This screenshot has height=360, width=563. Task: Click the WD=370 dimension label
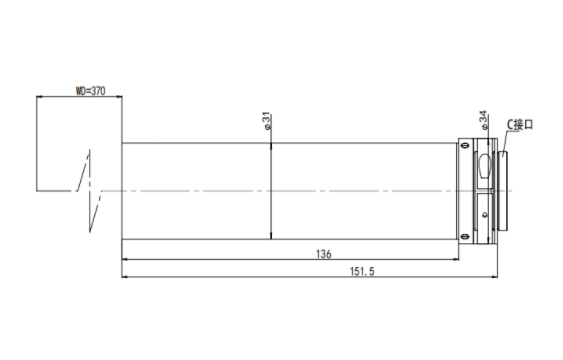[x=90, y=91]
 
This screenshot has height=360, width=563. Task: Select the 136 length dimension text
[x=324, y=254]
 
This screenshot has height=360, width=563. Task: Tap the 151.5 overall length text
[x=362, y=271]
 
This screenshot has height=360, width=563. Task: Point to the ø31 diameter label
[x=267, y=121]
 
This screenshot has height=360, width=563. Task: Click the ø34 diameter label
[x=483, y=120]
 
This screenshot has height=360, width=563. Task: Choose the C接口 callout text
[x=520, y=125]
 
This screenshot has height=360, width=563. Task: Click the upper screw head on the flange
[x=465, y=145]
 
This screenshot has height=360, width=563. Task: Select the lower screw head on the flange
[x=465, y=237]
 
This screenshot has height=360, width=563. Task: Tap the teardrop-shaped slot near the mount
[x=484, y=165]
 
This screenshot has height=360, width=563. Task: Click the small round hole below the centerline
[x=485, y=215]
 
